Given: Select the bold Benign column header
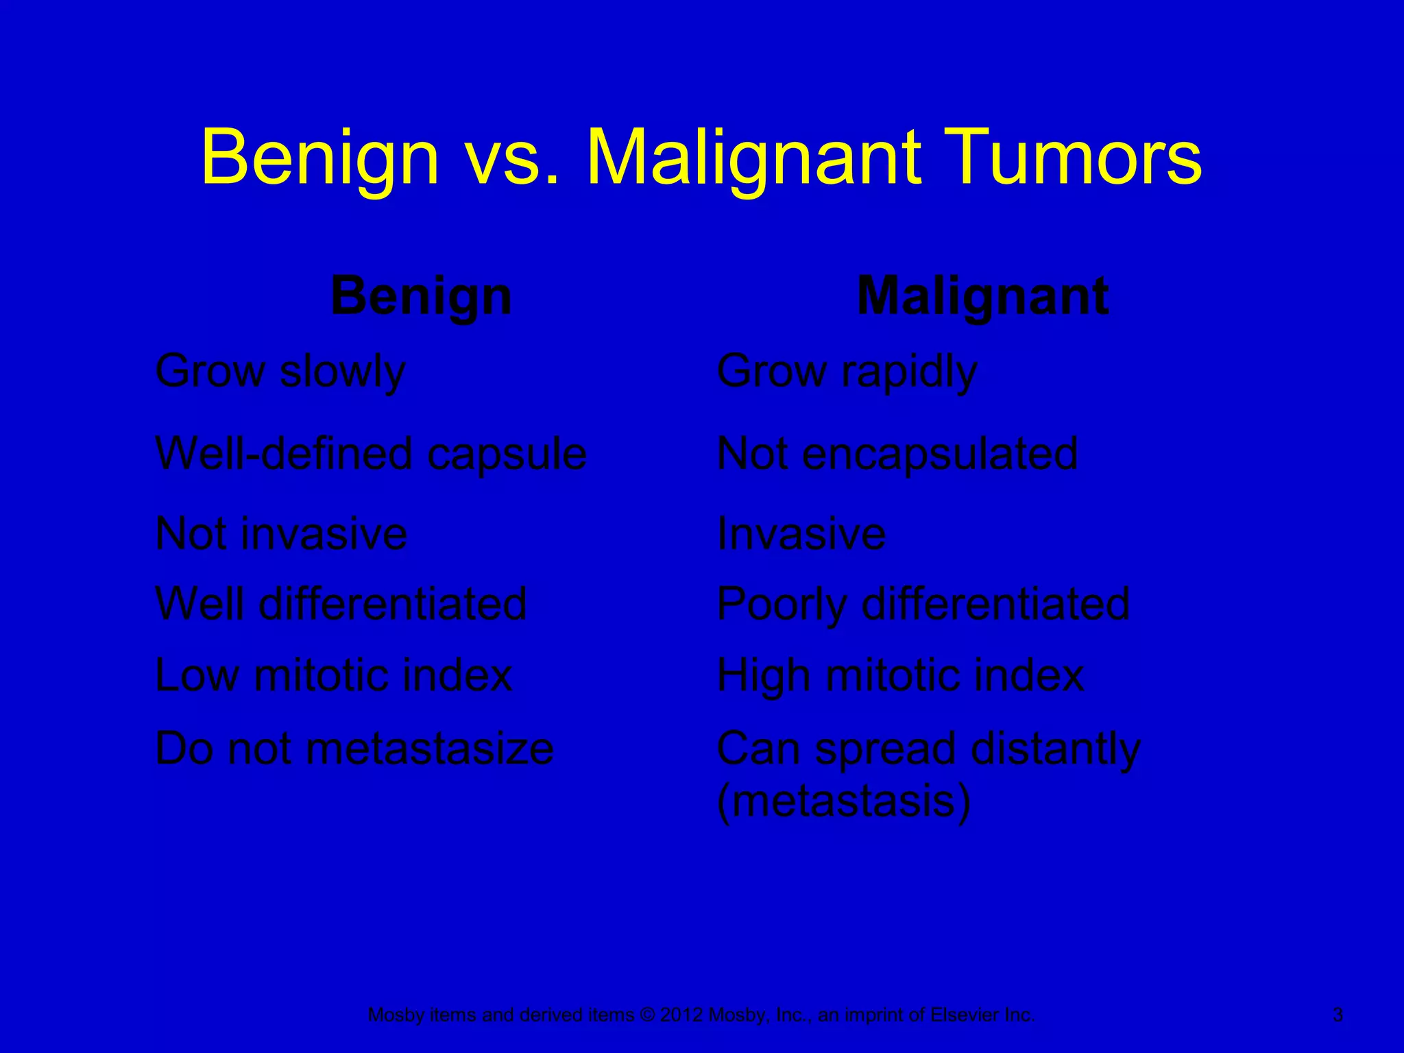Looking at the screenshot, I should pos(421,296).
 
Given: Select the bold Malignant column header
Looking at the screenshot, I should pos(982,296).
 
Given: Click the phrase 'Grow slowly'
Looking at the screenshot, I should pos(280,372).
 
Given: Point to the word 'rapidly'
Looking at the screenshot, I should pos(909,372).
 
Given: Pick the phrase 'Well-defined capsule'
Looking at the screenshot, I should pos(371,454).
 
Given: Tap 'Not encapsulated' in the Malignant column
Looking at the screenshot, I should pos(897,454).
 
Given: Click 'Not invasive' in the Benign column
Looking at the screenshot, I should pos(281,533).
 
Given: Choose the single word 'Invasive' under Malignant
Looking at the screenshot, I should pos(801,533).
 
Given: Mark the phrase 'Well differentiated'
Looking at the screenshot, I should pos(341,603).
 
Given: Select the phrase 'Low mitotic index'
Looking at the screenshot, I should pos(334,675).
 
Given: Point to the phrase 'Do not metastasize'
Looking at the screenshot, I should pos(354,748).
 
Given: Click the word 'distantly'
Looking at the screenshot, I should pos(1056,748).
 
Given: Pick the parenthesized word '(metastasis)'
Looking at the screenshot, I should pos(844,801).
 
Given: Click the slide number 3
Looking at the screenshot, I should pos(1338,1015).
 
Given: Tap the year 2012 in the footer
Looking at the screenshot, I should pos(681,1015).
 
